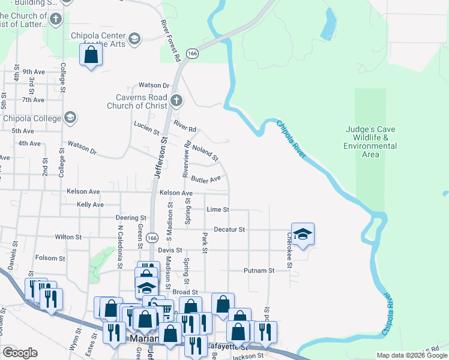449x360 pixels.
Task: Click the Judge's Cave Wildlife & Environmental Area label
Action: [x=370, y=141]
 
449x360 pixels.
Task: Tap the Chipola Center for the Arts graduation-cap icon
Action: [x=134, y=39]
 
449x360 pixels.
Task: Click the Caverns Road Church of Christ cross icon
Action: [x=176, y=100]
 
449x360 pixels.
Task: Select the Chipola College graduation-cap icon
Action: [x=70, y=118]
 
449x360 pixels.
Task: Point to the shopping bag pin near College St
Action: [x=91, y=56]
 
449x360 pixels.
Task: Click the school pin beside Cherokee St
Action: [x=303, y=235]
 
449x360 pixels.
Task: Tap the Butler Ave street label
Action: [x=206, y=179]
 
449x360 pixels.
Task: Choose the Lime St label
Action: [x=218, y=209]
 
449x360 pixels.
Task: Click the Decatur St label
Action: [x=229, y=229]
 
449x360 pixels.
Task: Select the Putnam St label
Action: [x=259, y=271]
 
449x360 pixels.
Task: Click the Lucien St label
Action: [x=146, y=128]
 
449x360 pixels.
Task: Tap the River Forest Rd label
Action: [x=170, y=41]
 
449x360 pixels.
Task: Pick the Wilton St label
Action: [x=68, y=237]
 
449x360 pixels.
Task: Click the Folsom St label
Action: [x=50, y=259]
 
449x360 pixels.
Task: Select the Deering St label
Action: [x=131, y=218]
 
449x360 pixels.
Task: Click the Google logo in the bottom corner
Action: [x=20, y=353]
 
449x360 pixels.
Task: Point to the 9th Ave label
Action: [x=34, y=71]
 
